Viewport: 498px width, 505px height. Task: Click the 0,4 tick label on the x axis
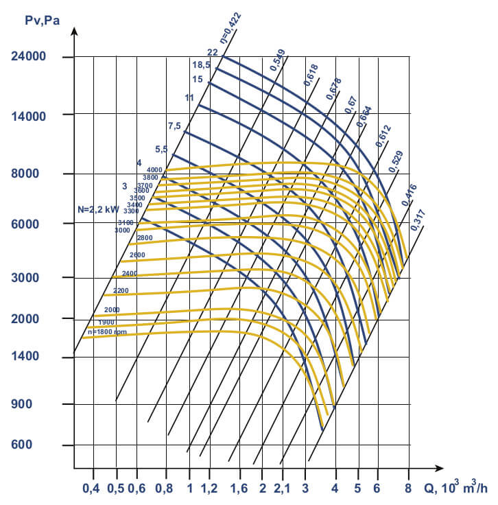click(91, 489)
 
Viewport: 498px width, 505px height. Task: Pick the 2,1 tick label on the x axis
click(283, 489)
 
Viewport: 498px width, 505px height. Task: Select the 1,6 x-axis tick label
click(238, 489)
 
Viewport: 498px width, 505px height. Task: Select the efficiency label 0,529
click(396, 160)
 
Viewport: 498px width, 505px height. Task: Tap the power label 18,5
click(201, 65)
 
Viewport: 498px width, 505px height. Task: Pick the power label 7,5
click(174, 126)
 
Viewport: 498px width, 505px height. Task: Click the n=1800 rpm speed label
click(104, 331)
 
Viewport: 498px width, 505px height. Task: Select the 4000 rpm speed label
click(154, 169)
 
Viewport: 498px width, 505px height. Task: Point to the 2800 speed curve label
click(145, 237)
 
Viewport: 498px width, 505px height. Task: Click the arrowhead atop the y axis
click(73, 31)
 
